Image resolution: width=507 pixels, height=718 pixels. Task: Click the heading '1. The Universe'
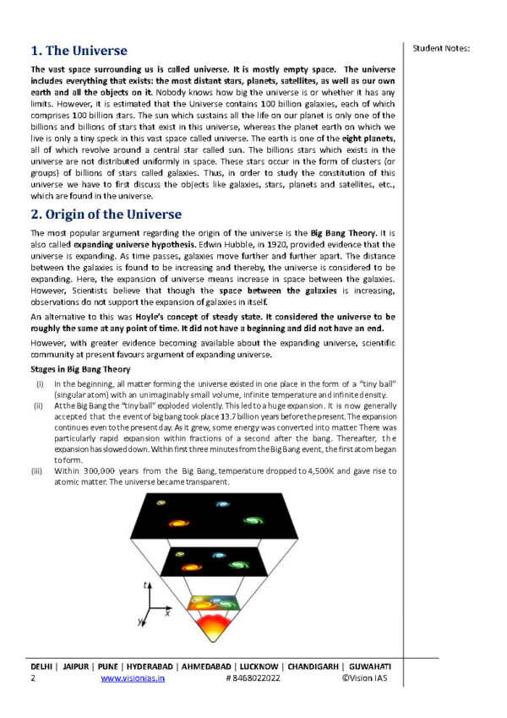click(x=79, y=51)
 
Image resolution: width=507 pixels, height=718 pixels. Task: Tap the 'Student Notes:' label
click(x=441, y=47)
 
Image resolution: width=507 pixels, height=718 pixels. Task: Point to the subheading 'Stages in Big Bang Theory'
click(x=80, y=369)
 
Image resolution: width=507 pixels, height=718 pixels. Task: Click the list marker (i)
click(x=40, y=384)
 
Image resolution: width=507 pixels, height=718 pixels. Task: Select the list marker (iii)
click(x=40, y=470)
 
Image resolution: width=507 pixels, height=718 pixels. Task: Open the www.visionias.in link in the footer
click(x=133, y=677)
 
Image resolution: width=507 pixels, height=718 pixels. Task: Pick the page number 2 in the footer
click(x=33, y=677)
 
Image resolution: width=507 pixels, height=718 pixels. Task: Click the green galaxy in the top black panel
click(x=253, y=519)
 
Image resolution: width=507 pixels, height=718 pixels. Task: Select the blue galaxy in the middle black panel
click(x=218, y=556)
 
